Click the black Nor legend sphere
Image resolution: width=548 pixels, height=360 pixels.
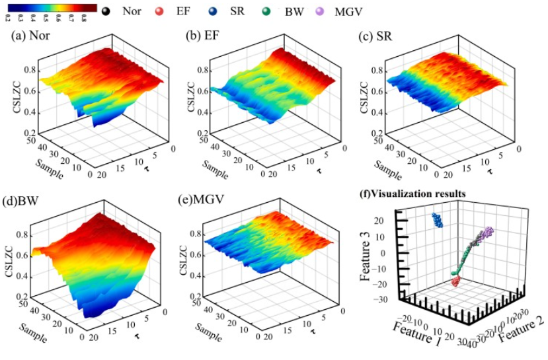coord(107,11)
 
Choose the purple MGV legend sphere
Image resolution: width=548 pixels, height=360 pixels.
coord(323,11)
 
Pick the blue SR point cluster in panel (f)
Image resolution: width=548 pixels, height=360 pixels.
coord(437,224)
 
